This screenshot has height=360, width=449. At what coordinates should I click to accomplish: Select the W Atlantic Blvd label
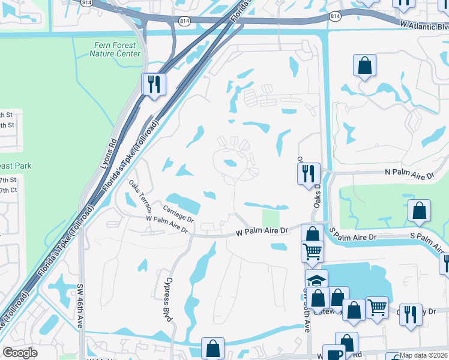point(424,26)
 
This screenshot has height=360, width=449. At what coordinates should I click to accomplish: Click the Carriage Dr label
point(178,214)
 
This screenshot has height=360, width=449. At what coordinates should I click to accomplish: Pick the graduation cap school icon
point(316,279)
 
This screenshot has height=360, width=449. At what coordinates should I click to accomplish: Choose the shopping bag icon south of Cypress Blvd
point(212,347)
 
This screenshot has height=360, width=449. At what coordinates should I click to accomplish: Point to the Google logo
point(20,352)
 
